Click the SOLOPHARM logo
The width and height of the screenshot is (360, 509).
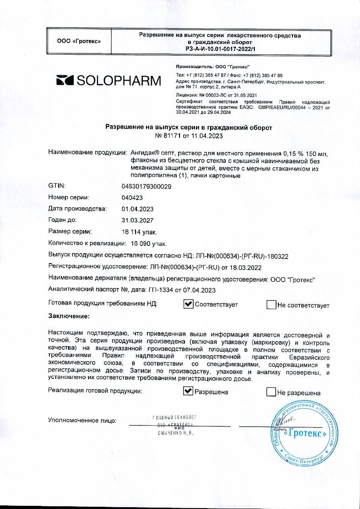[108, 81]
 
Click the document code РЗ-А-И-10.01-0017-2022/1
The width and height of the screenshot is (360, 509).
[220, 49]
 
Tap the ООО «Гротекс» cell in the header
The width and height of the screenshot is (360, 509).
[79, 42]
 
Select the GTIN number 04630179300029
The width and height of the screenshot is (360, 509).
[146, 186]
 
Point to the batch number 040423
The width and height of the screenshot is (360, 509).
[132, 197]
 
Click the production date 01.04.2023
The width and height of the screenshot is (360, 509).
[137, 209]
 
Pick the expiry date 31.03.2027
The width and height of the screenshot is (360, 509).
[137, 220]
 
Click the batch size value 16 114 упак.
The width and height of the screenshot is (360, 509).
[139, 232]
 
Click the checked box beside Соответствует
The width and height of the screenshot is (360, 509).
[188, 304]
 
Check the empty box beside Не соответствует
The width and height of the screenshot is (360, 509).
[271, 305]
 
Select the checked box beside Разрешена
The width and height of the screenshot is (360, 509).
[188, 392]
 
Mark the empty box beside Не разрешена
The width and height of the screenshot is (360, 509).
[271, 392]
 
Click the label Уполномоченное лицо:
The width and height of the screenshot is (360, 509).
[82, 421]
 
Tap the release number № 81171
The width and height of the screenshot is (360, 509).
[169, 136]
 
